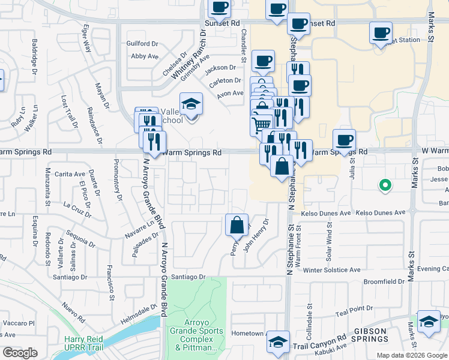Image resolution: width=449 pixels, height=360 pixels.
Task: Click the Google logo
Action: coord(20,353)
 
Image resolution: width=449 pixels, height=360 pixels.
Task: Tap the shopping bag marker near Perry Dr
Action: coord(237,226)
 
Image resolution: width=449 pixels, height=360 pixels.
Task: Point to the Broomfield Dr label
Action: coord(384,281)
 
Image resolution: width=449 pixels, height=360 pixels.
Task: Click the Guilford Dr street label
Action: coord(142,44)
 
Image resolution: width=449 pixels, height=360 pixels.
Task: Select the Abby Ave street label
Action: coord(144,56)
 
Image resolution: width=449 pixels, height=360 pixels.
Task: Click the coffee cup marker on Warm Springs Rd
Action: coord(345,140)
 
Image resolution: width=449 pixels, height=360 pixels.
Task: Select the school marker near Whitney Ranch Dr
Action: coord(191,105)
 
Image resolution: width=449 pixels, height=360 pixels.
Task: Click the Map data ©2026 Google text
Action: coord(412,355)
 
